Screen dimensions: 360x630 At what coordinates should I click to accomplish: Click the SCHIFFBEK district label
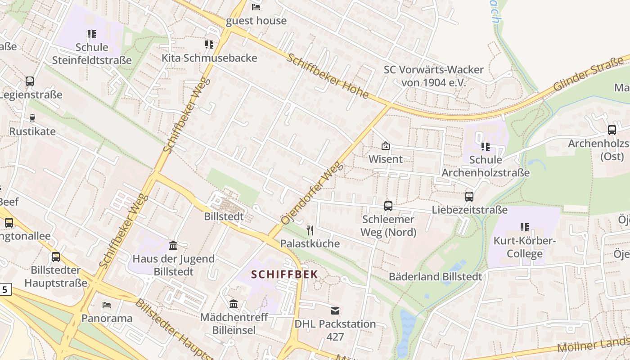pos(284,274)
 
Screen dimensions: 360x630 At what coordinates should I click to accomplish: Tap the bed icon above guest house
pos(256,7)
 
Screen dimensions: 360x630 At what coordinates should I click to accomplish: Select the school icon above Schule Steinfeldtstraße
pos(92,34)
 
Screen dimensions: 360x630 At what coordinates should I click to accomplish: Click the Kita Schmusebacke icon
pos(209,44)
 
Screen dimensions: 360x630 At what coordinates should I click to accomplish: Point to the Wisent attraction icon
pos(386,146)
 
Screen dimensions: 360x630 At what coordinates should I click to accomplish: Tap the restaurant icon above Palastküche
pos(310,230)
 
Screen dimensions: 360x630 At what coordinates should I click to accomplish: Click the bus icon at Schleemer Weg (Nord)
pos(388,206)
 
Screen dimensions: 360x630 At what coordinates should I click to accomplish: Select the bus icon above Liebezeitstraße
pos(469,197)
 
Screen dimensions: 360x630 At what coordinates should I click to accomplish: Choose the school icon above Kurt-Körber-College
pos(524,227)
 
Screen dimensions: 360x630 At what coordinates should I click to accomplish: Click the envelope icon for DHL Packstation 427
pos(335,310)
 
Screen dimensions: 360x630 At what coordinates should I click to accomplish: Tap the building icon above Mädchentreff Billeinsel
pos(234,304)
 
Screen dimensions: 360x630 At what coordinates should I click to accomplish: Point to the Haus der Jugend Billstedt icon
pos(173,246)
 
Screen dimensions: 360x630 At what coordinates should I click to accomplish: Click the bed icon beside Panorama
pos(107,305)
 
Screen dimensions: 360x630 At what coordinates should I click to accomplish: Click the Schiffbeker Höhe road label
pos(328,76)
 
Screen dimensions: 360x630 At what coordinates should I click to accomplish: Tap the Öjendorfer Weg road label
pos(312,193)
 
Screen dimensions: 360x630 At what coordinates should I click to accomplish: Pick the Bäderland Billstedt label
pos(435,276)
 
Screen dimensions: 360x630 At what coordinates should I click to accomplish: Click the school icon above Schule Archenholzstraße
pos(486,147)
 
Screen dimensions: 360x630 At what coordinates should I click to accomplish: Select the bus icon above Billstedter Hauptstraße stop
pos(55,257)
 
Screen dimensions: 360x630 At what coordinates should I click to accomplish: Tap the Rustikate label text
pos(32,131)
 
